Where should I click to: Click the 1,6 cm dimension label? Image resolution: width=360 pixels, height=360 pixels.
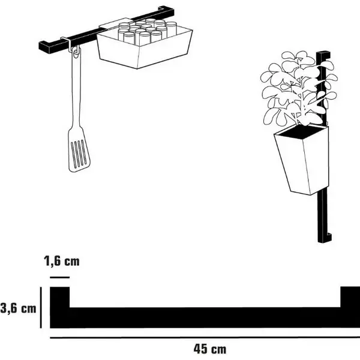pos(62,261)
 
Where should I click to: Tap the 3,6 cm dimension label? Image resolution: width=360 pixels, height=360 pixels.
pos(18,308)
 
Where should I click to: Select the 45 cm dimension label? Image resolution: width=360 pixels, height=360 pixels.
pos(209,349)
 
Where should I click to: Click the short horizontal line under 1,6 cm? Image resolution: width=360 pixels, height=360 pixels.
pos(59,277)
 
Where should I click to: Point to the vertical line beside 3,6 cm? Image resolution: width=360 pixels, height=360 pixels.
pos(41,307)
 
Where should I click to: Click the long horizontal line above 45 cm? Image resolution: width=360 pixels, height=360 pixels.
pos(205,337)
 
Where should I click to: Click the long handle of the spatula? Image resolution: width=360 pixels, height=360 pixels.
pos(76,89)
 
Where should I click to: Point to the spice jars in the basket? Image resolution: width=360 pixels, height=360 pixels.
pos(147,31)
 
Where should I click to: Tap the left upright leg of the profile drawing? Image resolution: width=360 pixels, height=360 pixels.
pos(59,298)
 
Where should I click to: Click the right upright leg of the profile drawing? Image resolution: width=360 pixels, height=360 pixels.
pos(350,297)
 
